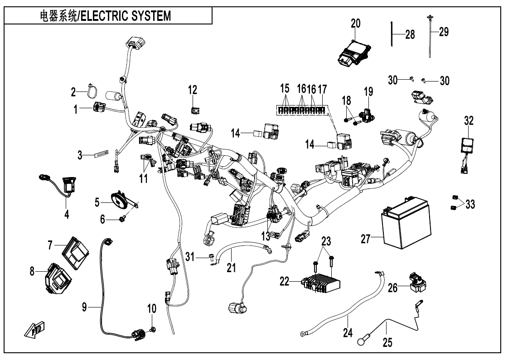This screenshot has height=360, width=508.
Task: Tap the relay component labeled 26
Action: pyautogui.click(x=414, y=281)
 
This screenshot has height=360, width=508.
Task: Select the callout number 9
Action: pyautogui.click(x=84, y=307)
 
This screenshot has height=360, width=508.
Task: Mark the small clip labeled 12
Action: pyautogui.click(x=194, y=110)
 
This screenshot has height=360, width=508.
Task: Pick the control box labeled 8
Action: pyautogui.click(x=56, y=278)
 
